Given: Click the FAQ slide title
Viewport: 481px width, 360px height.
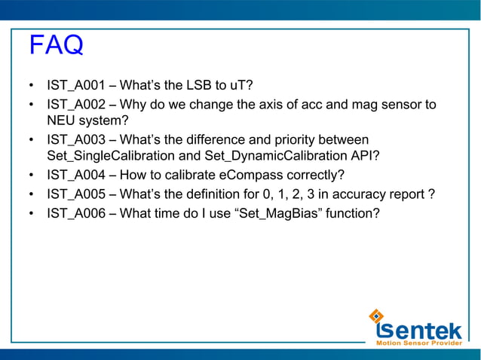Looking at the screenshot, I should click(55, 46).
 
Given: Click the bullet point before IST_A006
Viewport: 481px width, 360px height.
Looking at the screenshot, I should click(32, 215).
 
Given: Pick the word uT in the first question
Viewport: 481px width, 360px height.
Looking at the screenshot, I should click(243, 84).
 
